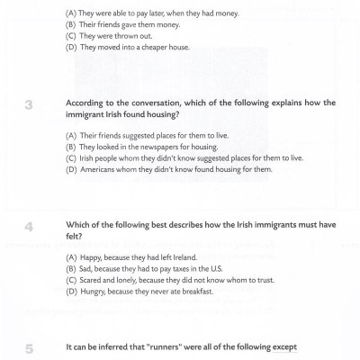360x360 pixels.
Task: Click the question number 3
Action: tap(29, 105)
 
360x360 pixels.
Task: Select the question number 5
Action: tap(29, 347)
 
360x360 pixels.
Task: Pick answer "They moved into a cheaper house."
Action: tap(131, 48)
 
